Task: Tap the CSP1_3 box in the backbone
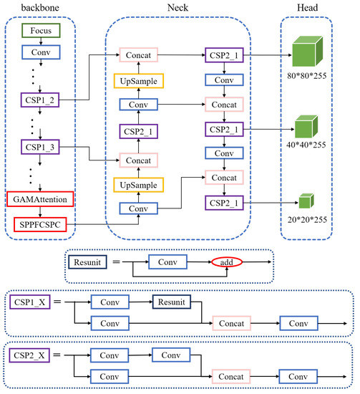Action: tap(40, 148)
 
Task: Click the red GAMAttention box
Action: tap(40, 198)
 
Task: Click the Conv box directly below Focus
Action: tap(40, 52)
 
